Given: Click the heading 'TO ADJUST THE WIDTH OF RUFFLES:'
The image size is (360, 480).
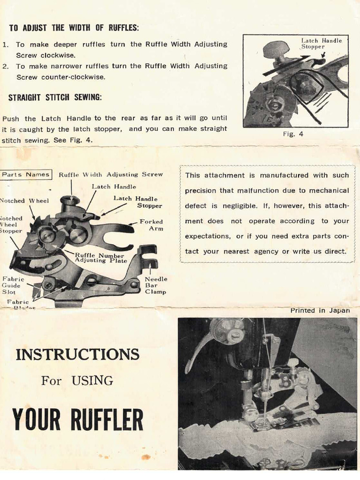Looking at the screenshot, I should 74,28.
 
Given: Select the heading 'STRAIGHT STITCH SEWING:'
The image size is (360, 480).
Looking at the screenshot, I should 55,97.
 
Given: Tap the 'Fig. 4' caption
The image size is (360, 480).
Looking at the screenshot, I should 294,134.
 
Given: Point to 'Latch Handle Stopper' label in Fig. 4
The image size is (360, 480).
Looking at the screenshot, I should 321,44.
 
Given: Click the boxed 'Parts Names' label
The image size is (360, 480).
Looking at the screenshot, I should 26,174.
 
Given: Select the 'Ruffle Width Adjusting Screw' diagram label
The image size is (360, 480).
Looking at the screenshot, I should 111,174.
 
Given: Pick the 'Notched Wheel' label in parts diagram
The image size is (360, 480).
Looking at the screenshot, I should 23,201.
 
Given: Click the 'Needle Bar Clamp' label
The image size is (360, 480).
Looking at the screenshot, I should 156,285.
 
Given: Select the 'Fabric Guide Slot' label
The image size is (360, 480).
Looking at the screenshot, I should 12,285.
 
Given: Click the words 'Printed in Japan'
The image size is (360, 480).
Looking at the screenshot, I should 320,310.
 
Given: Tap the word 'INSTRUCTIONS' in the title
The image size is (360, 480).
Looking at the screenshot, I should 77,354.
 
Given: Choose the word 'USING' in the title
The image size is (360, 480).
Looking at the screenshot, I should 92,381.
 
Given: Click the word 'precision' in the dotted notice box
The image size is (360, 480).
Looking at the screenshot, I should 201,191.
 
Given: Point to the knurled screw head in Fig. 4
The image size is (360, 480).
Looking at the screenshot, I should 276,49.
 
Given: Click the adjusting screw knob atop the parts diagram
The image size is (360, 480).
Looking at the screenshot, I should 70,201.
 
